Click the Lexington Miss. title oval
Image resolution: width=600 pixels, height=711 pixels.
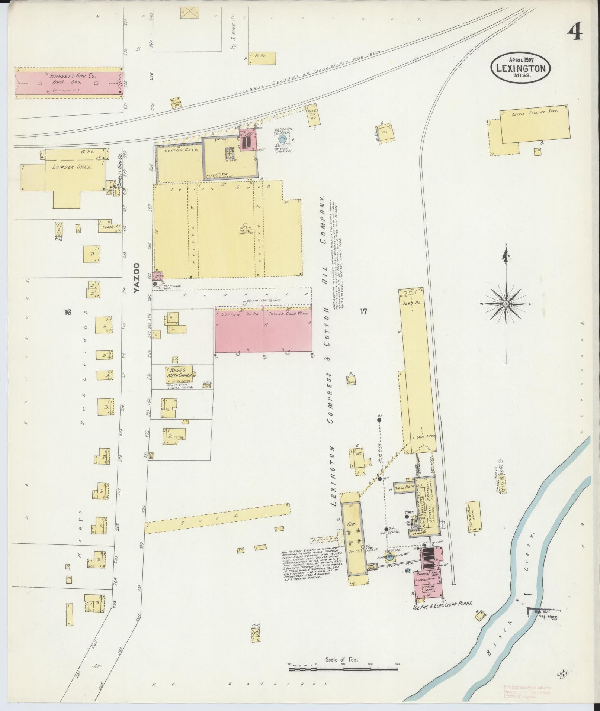[520, 69]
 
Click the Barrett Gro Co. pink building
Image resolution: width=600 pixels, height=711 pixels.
[69, 83]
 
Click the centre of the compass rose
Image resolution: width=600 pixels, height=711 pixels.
[506, 304]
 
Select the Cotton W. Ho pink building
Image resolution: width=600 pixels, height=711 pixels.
[240, 330]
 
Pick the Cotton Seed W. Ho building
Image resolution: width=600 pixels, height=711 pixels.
[288, 330]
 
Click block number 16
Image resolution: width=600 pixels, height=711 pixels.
[67, 312]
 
